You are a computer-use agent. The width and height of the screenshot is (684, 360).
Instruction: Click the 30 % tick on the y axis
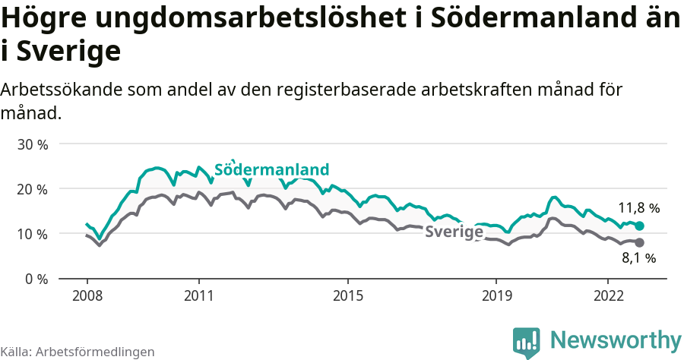32,144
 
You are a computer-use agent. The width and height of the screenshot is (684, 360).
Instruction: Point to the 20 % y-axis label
32,189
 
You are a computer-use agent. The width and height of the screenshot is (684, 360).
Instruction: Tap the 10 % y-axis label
32,234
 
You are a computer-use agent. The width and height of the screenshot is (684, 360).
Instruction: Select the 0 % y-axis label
36,279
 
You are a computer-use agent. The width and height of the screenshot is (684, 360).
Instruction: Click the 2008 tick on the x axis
87,295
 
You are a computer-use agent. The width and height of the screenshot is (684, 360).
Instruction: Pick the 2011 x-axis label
198,295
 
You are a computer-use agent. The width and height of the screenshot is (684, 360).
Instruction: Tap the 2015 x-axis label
347,295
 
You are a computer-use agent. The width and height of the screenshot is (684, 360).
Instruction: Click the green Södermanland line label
272,169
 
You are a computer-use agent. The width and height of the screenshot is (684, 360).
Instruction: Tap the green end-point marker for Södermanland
640,226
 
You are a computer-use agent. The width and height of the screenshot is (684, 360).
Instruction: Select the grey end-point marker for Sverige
640,242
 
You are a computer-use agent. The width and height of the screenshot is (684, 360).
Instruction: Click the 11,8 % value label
638,207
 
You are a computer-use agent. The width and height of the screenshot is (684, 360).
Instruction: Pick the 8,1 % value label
638,258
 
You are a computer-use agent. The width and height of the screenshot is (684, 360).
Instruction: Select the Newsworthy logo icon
526,343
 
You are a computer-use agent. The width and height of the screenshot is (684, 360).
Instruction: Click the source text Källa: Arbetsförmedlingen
78,352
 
